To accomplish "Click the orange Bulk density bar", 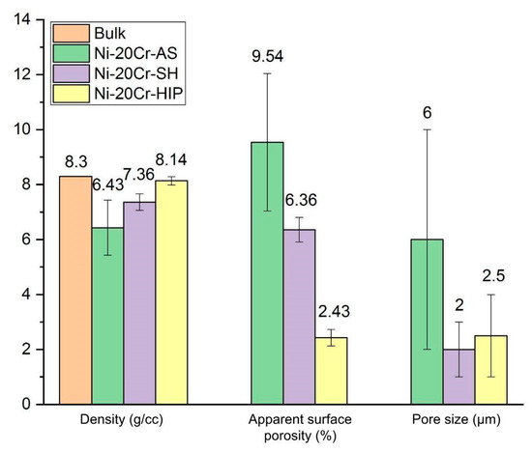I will [75, 290].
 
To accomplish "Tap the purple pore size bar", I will [458, 377].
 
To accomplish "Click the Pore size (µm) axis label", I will [458, 421].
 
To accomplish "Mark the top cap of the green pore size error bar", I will [427, 129].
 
